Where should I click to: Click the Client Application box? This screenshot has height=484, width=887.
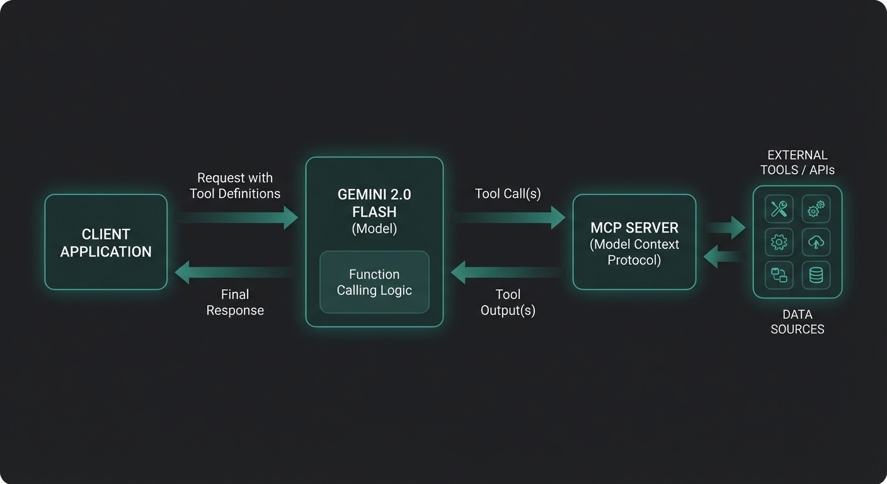pos(106,242)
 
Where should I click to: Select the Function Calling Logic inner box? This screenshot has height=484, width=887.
pos(374,282)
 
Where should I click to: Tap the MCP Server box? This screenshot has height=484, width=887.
pos(634,242)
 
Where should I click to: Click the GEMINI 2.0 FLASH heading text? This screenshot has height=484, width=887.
pos(374,204)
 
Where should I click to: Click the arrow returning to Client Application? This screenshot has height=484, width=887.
pos(234,272)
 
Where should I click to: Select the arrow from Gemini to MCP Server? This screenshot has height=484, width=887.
pos(509,217)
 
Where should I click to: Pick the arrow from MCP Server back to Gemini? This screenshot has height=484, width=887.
pos(508,272)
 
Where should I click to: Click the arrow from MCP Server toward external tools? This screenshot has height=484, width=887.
pos(725,228)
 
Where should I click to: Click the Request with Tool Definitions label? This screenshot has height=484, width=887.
pos(235,186)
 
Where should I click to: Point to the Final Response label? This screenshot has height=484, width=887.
pos(235,302)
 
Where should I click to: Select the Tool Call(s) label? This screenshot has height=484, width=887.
pos(508,193)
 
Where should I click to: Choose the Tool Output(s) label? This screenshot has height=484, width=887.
pos(508,302)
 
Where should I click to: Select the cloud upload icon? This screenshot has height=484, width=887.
pos(816,242)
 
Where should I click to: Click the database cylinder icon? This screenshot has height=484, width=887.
pos(816,275)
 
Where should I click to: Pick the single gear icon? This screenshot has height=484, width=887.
pos(779,242)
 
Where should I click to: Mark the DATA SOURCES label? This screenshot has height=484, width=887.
pos(797,321)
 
